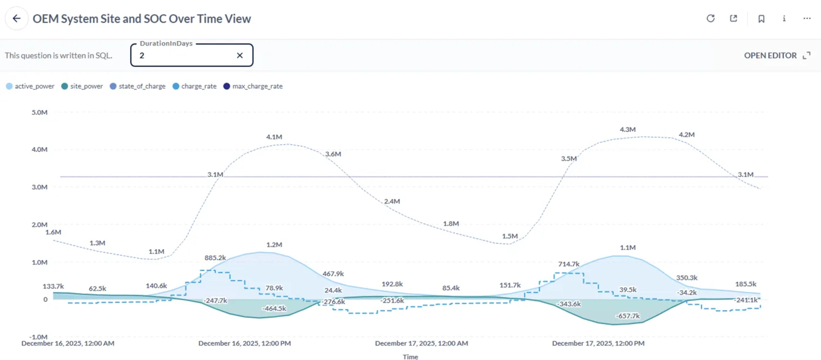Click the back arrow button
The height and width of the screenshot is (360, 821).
(x=16, y=19)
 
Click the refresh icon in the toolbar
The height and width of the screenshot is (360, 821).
(x=711, y=19)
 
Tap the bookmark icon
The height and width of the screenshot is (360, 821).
(x=761, y=19)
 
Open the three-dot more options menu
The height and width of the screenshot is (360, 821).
(x=807, y=19)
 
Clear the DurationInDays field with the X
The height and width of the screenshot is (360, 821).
(x=239, y=56)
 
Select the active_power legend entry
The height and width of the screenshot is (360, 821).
(x=30, y=86)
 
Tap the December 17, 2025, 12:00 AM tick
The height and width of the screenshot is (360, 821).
(x=421, y=344)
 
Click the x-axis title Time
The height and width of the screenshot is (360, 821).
(x=410, y=356)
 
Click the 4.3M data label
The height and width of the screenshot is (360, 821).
(x=627, y=130)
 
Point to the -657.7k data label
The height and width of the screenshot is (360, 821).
(x=627, y=316)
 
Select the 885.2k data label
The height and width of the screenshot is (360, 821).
(x=215, y=258)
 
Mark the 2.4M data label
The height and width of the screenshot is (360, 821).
(x=392, y=202)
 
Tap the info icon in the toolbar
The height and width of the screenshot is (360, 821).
(x=784, y=19)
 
